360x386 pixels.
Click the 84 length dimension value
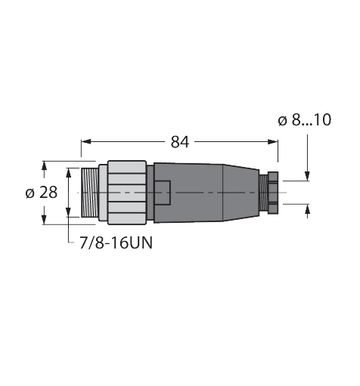[179, 141]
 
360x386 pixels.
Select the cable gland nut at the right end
[270, 193]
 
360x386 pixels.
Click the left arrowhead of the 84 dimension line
[85, 141]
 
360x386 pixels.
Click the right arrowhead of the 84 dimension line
[275, 141]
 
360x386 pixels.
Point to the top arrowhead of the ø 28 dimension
[44, 164]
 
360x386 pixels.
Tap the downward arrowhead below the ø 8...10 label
[307, 177]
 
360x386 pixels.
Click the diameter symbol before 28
[29, 193]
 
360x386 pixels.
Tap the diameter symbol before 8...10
[281, 120]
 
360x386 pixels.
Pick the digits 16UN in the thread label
[126, 243]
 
